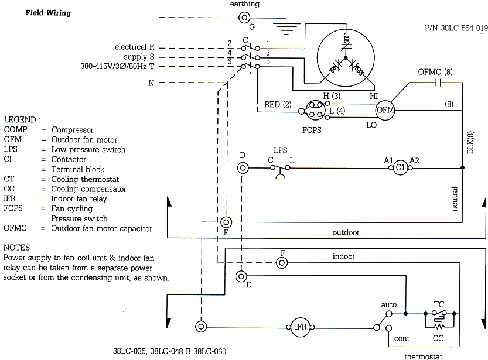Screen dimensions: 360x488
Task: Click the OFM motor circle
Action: (385, 110)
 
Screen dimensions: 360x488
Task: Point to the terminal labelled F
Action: (282, 262)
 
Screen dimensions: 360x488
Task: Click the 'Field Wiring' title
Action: (47, 13)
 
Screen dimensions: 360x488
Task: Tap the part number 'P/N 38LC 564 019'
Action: (456, 27)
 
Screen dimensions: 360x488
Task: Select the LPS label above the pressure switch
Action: (281, 150)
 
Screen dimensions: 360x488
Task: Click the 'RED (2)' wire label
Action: (278, 105)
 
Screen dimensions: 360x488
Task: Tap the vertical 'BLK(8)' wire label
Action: (470, 142)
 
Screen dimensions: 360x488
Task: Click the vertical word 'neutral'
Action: (455, 199)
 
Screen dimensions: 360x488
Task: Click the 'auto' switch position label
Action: (388, 305)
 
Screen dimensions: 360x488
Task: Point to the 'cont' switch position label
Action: (402, 338)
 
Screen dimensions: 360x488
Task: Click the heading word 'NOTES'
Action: (16, 248)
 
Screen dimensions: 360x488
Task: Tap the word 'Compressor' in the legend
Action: (72, 130)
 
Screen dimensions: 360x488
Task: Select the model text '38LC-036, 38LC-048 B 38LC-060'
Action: (169, 352)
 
